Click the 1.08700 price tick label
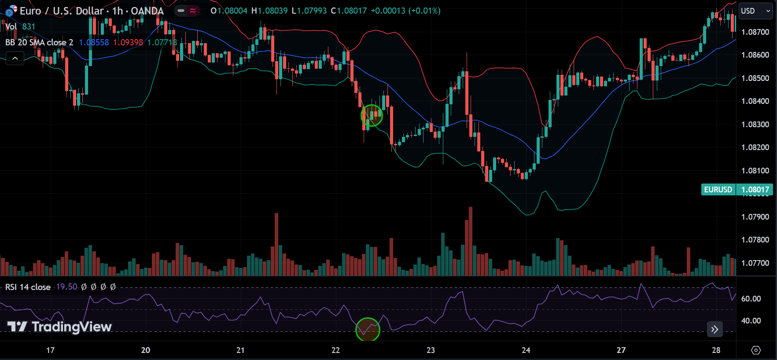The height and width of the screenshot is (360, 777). click(x=755, y=32)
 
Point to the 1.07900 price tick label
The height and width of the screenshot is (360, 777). click(x=755, y=217)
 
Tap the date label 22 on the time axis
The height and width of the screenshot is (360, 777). click(x=335, y=350)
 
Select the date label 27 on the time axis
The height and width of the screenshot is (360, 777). click(x=621, y=350)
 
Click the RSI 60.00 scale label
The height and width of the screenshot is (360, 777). click(x=751, y=299)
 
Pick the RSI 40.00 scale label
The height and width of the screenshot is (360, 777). click(x=751, y=321)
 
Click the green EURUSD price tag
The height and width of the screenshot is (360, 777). click(x=718, y=190)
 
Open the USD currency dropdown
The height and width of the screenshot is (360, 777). click(x=756, y=11)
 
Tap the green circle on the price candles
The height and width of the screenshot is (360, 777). click(x=372, y=115)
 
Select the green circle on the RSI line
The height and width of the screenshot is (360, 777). click(x=368, y=329)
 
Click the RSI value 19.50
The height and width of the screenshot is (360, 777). click(x=66, y=287)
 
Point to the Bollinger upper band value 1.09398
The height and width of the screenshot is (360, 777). click(x=128, y=43)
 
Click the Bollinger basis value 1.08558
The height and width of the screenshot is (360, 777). click(x=94, y=43)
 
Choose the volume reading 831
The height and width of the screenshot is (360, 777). click(x=29, y=27)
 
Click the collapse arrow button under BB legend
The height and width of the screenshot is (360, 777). click(x=15, y=58)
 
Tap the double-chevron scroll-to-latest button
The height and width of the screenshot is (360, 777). click(x=714, y=329)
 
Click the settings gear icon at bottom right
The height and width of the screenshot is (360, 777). click(x=756, y=350)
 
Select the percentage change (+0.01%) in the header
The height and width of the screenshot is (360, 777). click(x=424, y=11)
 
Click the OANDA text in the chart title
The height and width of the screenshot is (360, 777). click(x=147, y=11)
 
